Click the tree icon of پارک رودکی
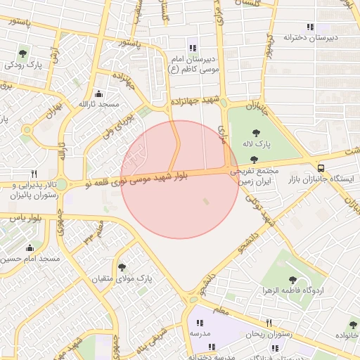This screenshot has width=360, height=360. (x=23, y=53)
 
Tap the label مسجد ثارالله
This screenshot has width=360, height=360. (x=99, y=104)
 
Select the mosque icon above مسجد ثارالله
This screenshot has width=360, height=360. (x=98, y=94)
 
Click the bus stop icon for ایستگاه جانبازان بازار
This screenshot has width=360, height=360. (x=321, y=168)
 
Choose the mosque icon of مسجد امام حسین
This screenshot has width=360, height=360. (x=30, y=247)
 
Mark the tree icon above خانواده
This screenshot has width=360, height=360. (x=353, y=325)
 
